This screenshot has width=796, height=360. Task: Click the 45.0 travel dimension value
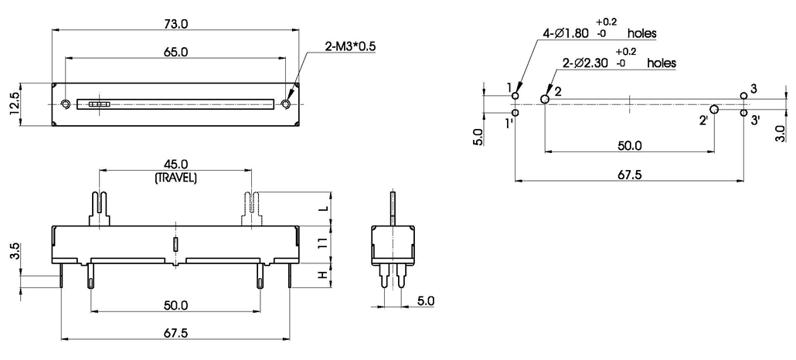coord(175,165)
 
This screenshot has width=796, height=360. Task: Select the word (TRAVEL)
coord(175,177)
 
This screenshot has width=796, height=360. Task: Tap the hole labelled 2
coord(545,99)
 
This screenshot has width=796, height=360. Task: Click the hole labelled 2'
coord(714,110)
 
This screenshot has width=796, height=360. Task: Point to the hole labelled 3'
coord(743,114)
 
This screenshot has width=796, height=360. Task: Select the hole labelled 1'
coord(515,114)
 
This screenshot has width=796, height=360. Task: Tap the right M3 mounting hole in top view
coord(287,104)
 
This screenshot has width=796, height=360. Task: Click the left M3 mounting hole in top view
coord(66,104)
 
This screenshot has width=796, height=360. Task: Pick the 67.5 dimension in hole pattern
coord(630,174)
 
